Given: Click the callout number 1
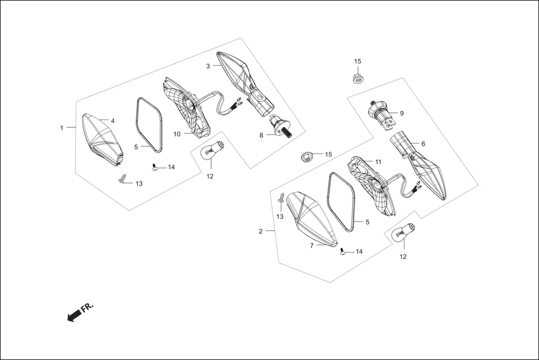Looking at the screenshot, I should click(62, 128).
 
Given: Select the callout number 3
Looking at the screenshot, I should click(208, 66).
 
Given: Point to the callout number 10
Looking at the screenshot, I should click(177, 135).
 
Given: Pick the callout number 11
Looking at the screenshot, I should click(378, 161).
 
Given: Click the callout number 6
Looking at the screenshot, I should click(423, 144).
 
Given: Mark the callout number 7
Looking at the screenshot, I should click(312, 244).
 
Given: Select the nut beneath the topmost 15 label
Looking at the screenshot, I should click(357, 79).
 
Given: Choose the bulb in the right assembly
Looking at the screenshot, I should click(403, 232).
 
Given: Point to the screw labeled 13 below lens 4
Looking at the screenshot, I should click(123, 179).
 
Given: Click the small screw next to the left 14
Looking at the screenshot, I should click(155, 166).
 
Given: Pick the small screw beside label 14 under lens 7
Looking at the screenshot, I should click(342, 252).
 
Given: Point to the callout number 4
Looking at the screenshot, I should click(112, 121).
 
